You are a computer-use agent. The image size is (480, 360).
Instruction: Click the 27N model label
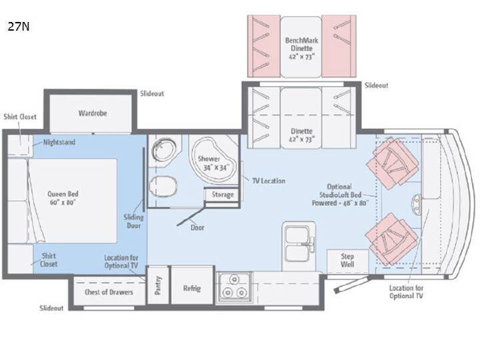[x=19, y=27]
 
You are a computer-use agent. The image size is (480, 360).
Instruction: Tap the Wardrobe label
[x=93, y=113]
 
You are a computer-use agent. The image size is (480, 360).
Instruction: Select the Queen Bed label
[x=63, y=198]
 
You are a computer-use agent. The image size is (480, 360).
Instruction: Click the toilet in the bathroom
[x=163, y=187]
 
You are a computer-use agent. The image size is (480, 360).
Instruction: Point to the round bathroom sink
[x=164, y=150]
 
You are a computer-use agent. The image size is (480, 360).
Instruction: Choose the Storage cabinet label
[x=223, y=195]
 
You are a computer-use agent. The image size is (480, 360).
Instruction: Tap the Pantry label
[x=158, y=285]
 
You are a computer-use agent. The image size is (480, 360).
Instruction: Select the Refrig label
[x=192, y=289]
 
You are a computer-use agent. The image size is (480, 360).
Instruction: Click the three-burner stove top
[x=234, y=288]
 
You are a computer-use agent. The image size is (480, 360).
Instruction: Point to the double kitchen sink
[x=299, y=244]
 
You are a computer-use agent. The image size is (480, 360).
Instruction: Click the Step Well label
[x=347, y=260]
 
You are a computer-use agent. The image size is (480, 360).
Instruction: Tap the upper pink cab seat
[x=393, y=163]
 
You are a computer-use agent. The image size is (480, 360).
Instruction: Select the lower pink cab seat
[x=391, y=239]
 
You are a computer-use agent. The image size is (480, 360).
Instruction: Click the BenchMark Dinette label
[x=301, y=49]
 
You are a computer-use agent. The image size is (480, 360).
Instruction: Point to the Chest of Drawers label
[x=109, y=292]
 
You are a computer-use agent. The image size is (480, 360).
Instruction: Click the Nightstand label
[x=59, y=142]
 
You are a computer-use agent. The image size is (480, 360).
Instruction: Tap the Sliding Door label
[x=133, y=221]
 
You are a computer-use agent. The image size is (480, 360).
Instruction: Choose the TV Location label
[x=269, y=181]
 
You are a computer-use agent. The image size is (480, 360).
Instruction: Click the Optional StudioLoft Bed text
[x=340, y=195]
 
